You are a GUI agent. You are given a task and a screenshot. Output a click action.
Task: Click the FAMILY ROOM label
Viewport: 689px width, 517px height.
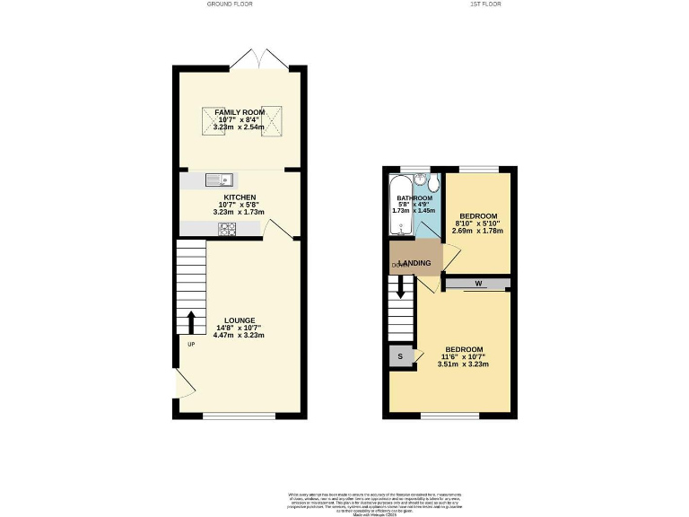coord(240,111)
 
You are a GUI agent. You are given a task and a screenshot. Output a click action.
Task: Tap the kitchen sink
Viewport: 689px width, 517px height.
coord(218,180)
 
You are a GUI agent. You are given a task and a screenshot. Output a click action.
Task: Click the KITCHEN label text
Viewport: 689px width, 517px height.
coord(240,197)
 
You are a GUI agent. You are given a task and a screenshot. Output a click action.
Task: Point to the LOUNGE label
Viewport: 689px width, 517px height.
coord(240,320)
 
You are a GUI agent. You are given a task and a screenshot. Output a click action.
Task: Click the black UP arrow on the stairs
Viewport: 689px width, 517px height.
coord(191,321)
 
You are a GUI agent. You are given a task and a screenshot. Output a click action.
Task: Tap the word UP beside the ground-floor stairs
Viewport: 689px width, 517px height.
coord(191,344)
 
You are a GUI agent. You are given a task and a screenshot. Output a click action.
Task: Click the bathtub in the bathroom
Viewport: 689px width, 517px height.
coord(397,205)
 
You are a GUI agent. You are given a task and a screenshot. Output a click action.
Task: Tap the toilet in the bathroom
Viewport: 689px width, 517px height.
coord(434,186)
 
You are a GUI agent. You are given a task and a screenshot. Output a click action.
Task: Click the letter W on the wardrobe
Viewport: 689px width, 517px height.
coord(478,285)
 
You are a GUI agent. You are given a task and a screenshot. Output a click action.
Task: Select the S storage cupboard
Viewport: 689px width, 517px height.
coord(399,356)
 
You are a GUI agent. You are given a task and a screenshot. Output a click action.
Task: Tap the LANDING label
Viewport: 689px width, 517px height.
coord(426,263)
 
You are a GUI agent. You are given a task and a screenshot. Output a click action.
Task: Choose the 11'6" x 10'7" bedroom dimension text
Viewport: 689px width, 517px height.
coord(463,357)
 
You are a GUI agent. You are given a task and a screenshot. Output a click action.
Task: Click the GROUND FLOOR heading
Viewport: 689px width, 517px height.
coord(231,4)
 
